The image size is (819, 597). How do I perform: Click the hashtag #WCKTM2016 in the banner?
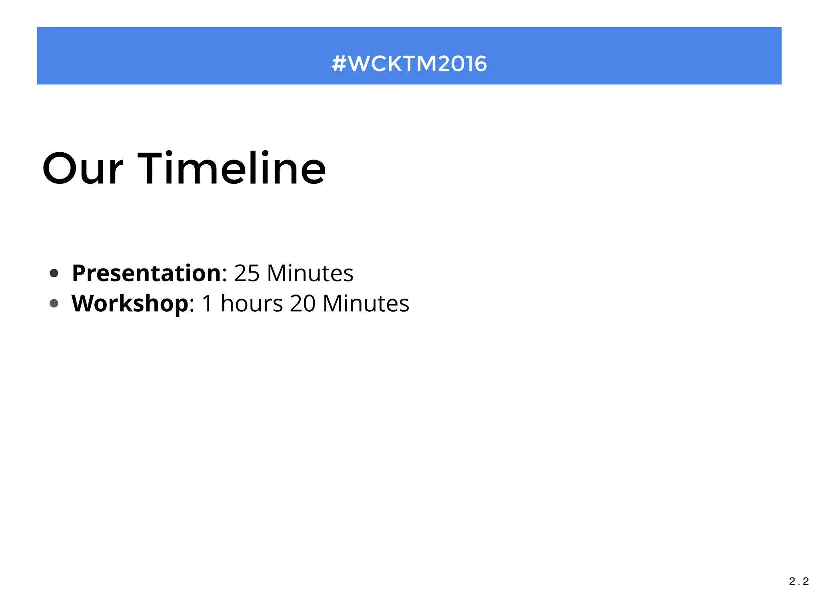409,64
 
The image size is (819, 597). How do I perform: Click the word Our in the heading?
82,169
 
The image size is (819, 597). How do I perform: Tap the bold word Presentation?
146,273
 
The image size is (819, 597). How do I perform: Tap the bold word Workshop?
130,304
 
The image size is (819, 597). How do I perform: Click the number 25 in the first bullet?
247,274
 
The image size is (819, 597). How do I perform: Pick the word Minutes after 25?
310,274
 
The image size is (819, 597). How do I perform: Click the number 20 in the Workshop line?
303,304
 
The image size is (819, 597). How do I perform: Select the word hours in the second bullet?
252,304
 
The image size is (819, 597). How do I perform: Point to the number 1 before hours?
207,304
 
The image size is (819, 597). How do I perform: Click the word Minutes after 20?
366,304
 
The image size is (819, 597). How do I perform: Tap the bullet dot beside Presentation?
54,274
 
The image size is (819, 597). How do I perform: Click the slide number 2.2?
799,581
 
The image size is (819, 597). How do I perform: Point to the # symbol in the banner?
339,64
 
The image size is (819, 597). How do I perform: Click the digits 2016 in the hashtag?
462,64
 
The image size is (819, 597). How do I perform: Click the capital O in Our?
60,169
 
